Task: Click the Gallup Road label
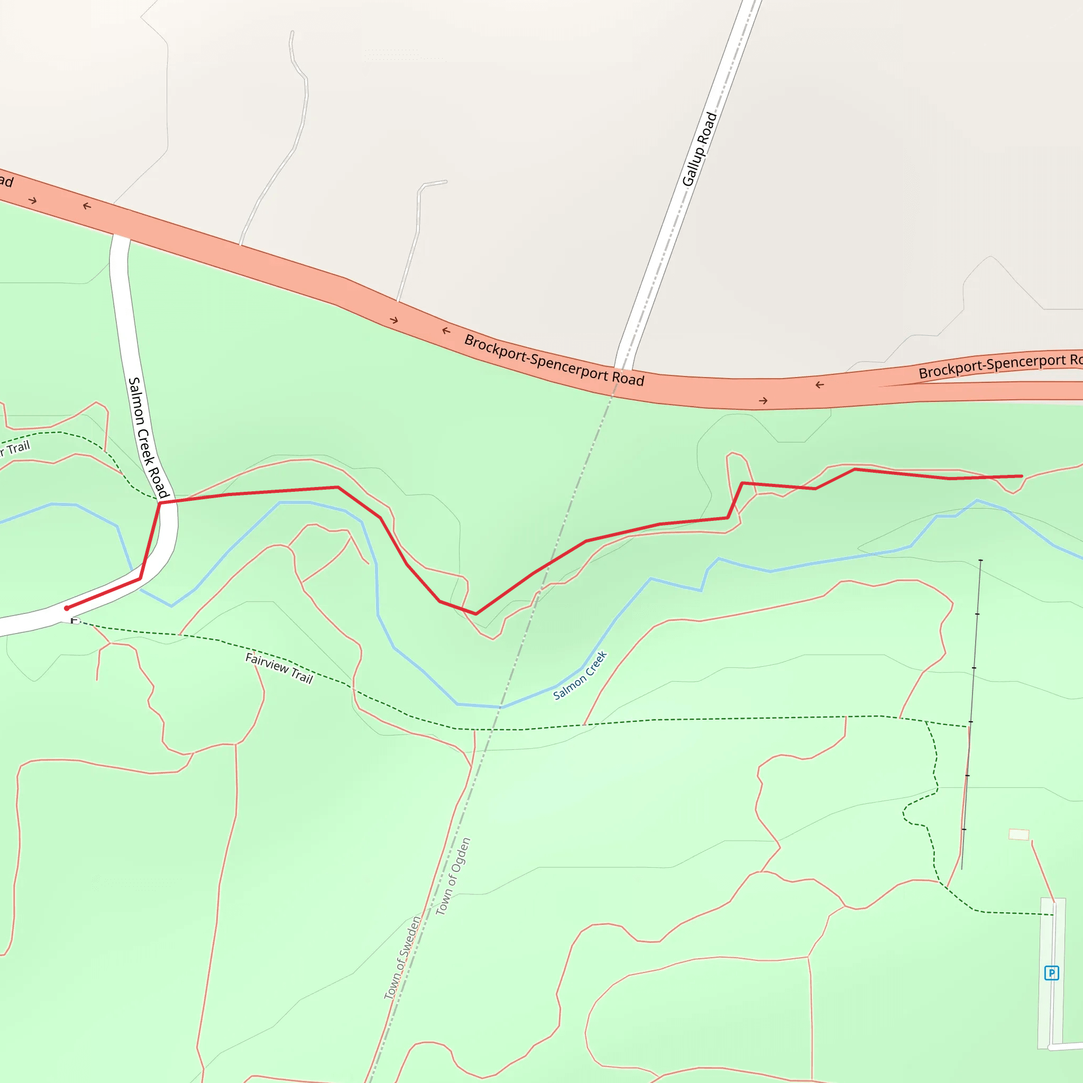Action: pyautogui.click(x=699, y=149)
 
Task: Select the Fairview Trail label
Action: pyautogui.click(x=279, y=668)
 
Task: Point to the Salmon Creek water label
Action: pyautogui.click(x=580, y=675)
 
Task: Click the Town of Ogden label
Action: pyautogui.click(x=453, y=876)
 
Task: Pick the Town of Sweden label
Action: pyautogui.click(x=402, y=958)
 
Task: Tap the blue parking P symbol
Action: pyautogui.click(x=1051, y=973)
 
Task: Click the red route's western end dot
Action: pyautogui.click(x=67, y=608)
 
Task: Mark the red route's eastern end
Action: pyautogui.click(x=1021, y=476)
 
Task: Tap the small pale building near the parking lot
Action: pyautogui.click(x=1018, y=834)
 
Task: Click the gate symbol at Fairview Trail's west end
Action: pyautogui.click(x=75, y=620)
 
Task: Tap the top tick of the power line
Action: pyautogui.click(x=980, y=561)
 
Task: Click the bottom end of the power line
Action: pyautogui.click(x=962, y=869)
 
